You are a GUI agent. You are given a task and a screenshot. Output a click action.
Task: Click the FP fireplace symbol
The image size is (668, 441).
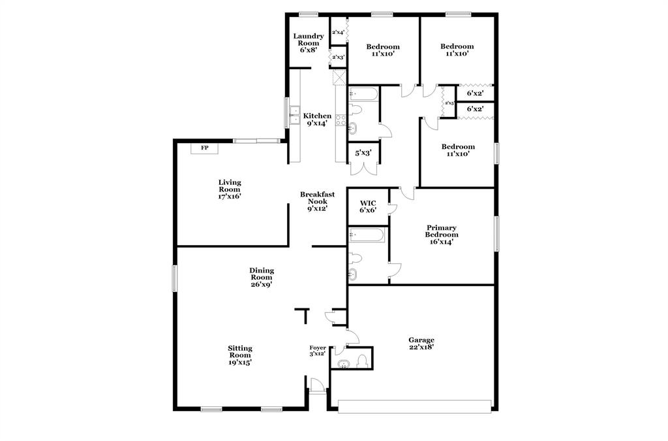204,148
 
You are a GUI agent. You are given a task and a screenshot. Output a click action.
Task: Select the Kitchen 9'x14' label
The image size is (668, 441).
318,120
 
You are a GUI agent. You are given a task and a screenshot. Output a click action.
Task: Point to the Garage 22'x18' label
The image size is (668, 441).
421,343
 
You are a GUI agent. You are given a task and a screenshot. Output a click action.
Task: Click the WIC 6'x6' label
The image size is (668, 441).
368,206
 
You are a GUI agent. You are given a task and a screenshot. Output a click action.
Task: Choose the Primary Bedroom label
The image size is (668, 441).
442,235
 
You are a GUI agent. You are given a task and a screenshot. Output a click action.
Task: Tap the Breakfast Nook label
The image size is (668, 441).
318,201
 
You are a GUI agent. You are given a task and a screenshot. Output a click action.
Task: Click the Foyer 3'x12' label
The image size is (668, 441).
318,351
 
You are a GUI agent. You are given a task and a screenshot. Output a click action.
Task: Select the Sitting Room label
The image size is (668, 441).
240,355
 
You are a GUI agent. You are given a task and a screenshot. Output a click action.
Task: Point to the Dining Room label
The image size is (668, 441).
262,277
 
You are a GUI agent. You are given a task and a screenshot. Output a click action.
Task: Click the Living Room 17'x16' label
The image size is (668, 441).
230,189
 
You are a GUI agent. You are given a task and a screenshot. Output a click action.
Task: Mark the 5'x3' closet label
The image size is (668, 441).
362,154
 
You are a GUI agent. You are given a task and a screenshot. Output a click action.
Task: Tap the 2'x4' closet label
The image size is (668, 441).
338,32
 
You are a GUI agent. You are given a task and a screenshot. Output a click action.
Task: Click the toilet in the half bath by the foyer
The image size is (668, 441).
362,359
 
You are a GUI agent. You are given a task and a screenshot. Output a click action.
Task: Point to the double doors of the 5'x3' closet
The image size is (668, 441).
362,168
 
